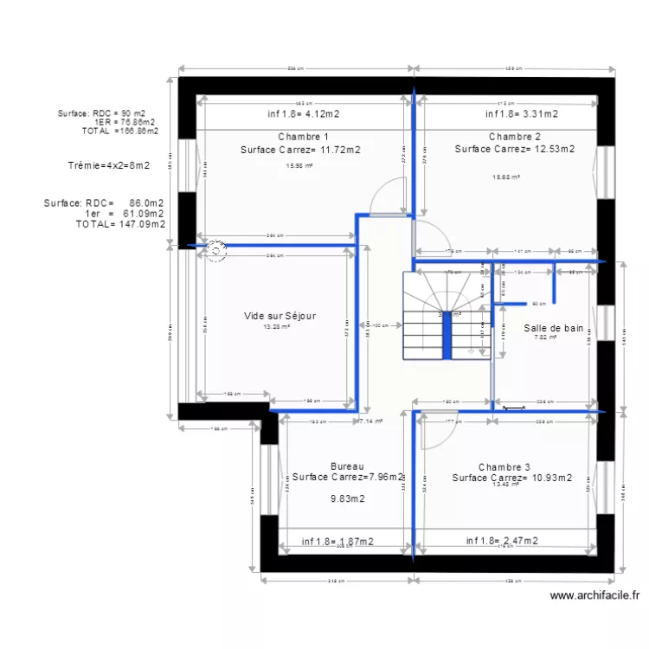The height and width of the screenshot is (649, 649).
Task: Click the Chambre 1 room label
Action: point(303,137)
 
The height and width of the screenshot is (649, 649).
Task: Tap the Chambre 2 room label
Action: point(514,137)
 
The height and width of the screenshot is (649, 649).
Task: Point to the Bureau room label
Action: point(347,466)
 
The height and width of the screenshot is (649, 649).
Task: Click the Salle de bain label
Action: point(553,328)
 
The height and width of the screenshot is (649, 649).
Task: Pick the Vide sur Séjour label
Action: point(280,316)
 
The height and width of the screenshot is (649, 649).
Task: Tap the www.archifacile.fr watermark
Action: point(595,595)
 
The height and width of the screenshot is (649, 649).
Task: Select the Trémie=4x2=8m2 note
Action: point(108,165)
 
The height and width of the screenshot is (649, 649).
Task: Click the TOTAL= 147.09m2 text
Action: point(120,223)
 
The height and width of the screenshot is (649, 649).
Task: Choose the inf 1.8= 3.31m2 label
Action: point(521,113)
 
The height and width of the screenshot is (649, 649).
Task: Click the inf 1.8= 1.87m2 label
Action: point(337,542)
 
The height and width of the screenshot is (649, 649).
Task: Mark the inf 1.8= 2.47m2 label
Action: point(502,541)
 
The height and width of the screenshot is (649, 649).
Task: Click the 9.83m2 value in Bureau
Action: point(347,498)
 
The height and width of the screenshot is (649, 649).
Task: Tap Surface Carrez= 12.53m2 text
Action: point(514,149)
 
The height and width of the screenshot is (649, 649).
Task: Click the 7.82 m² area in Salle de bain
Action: point(545,338)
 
